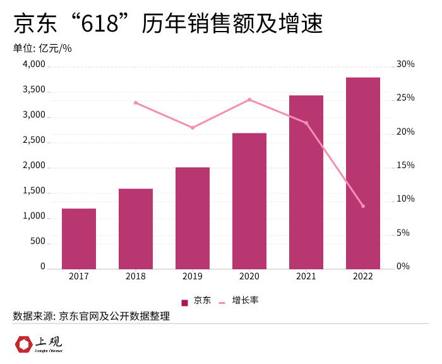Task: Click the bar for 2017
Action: pyautogui.click(x=79, y=239)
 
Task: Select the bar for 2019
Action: pyautogui.click(x=193, y=218)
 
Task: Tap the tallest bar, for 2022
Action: pyautogui.click(x=363, y=173)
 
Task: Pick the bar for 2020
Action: pyautogui.click(x=249, y=201)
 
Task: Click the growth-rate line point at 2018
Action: pyautogui.click(x=136, y=103)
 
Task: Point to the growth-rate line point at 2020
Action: pyautogui.click(x=249, y=100)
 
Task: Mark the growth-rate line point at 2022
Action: pyautogui.click(x=363, y=206)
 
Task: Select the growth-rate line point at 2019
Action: pyautogui.click(x=193, y=128)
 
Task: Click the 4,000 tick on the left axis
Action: pyautogui.click(x=34, y=64)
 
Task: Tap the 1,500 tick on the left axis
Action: pyautogui.click(x=34, y=191)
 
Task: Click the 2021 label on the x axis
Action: pyautogui.click(x=306, y=276)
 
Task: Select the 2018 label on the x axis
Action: pyautogui.click(x=136, y=276)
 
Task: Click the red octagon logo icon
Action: pyautogui.click(x=24, y=345)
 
